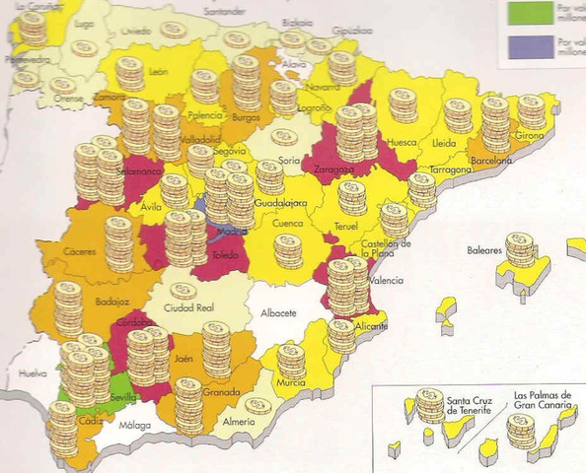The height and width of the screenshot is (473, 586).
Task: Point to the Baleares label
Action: [x=485, y=250]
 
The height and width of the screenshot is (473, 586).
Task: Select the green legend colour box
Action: [x=530, y=12]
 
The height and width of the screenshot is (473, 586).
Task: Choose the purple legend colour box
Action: [x=530, y=45]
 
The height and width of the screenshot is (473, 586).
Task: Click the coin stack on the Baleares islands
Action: [x=520, y=250]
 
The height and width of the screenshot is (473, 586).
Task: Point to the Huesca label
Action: [x=401, y=142]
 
